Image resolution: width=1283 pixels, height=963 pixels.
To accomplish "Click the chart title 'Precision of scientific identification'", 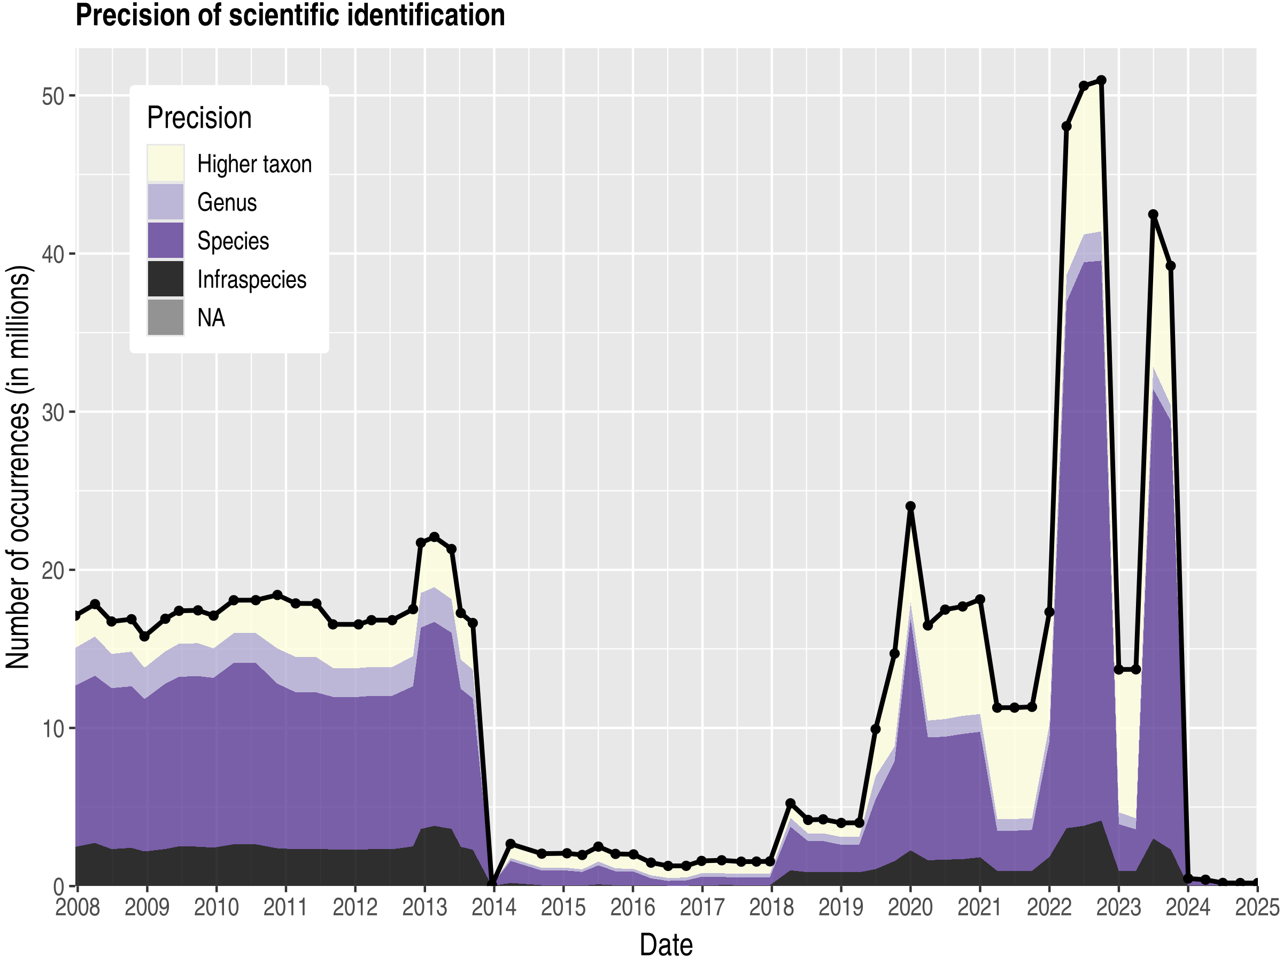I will pyautogui.click(x=290, y=16).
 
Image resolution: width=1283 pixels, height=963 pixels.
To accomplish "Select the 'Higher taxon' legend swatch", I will pyautogui.click(x=165, y=163).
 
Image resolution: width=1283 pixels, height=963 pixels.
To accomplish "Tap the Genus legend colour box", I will pyautogui.click(x=165, y=202).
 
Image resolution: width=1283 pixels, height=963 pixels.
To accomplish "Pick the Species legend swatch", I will pyautogui.click(x=165, y=240).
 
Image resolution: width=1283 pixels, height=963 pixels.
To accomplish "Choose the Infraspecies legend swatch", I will pyautogui.click(x=165, y=279).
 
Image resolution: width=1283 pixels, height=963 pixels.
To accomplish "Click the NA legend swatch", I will pyautogui.click(x=165, y=317).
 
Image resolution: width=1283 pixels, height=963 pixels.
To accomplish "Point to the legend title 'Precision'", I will pyautogui.click(x=199, y=118).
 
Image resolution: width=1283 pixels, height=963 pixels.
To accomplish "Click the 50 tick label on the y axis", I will pyautogui.click(x=52, y=96).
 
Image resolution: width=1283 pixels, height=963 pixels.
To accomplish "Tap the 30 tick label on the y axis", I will pyautogui.click(x=52, y=412).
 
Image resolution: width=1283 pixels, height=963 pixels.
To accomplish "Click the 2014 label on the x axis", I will pyautogui.click(x=493, y=907).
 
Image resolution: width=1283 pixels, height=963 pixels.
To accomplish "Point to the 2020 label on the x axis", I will pyautogui.click(x=910, y=907).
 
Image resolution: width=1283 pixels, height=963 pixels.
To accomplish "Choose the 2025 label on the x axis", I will pyautogui.click(x=1256, y=907).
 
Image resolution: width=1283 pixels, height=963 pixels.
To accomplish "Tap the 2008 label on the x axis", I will pyautogui.click(x=78, y=907).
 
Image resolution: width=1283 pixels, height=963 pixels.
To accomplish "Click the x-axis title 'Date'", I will pyautogui.click(x=666, y=945).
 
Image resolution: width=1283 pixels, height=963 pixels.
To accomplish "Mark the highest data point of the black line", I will pyautogui.click(x=1101, y=80).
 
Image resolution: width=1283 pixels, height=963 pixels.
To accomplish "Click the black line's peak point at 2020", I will pyautogui.click(x=910, y=506).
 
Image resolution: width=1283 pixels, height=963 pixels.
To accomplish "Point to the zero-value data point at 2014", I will pyautogui.click(x=492, y=885).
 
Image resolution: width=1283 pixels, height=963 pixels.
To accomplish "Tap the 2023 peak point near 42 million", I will pyautogui.click(x=1153, y=214).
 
